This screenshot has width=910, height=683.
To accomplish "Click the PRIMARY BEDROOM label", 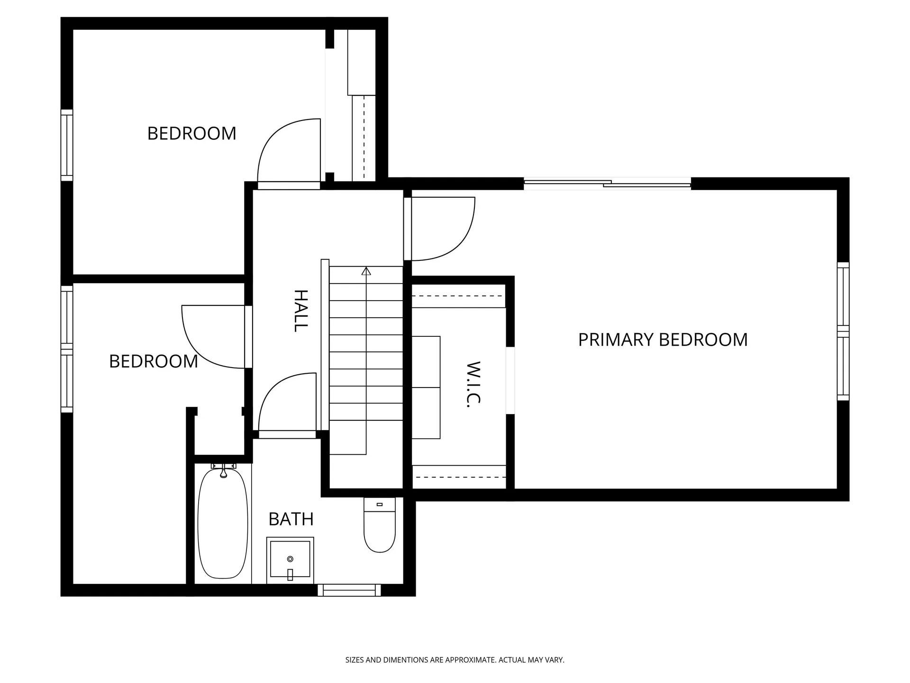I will pos(663,340).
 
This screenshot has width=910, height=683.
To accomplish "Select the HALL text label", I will pos(301,311).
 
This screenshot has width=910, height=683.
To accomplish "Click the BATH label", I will pos(291,519).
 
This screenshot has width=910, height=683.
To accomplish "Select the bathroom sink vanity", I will pos(290,560).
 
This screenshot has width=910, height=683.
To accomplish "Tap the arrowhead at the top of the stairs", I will pos(366,271).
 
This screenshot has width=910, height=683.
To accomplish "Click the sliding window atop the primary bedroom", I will pos(607,184).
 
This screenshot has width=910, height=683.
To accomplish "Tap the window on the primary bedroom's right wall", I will pos(843,331).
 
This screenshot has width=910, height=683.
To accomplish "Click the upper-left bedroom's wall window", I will pos(67,145).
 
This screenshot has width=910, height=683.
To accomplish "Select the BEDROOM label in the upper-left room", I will pos(191,134).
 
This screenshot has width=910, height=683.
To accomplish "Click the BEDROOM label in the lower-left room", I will pos(153,361).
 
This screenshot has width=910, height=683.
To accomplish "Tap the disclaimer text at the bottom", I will pos(455,660).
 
